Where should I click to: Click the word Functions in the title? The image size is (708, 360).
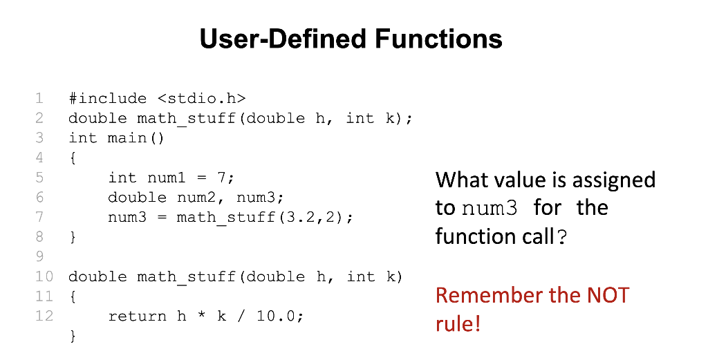tap(438, 38)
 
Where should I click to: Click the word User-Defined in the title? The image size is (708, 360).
tap(283, 38)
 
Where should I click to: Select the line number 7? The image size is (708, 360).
tap(39, 217)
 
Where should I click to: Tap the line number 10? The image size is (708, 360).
tap(44, 276)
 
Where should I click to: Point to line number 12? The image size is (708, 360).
tap(44, 316)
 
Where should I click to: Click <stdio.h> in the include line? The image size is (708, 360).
tap(202, 98)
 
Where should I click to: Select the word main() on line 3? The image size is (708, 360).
tap(136, 138)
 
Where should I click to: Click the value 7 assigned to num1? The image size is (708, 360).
tap(222, 178)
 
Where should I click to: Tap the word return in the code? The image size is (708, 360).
tap(138, 316)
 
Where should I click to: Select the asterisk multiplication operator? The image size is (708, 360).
tap(202, 315)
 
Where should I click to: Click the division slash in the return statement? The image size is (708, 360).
tap(241, 316)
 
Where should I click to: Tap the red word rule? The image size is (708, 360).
tap(458, 323)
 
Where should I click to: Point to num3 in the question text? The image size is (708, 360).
tap(490, 208)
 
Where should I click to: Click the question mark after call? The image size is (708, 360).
tap(561, 236)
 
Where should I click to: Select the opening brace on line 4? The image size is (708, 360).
tap(73, 158)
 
